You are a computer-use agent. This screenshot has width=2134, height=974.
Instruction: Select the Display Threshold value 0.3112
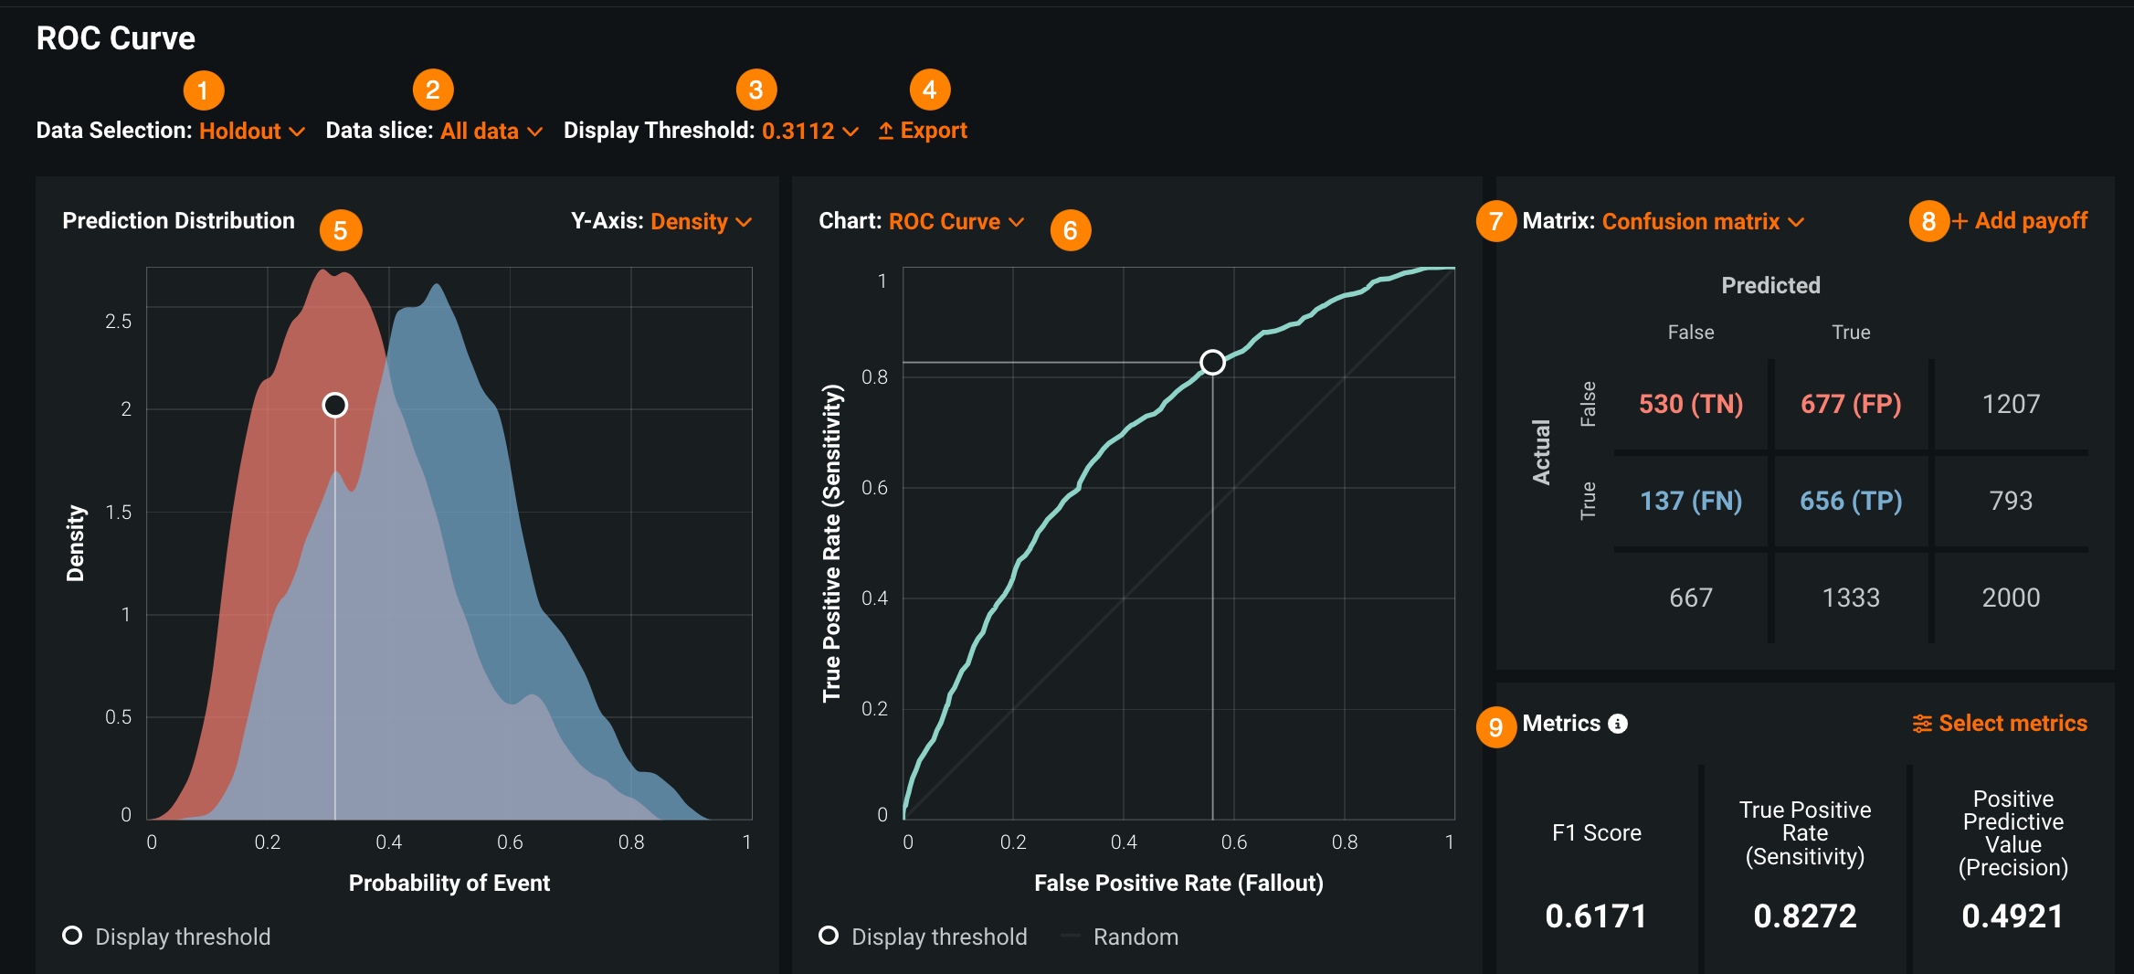pos(808,132)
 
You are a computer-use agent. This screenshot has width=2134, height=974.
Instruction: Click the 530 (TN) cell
pos(1690,404)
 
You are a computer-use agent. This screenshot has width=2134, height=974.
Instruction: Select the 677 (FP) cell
pos(1851,404)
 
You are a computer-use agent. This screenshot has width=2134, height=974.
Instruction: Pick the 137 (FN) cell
pos(1690,501)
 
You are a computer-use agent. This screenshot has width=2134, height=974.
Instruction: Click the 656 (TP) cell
pos(1851,501)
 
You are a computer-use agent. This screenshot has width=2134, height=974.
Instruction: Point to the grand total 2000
pos(2011,598)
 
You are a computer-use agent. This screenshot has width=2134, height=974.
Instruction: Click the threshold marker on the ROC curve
pos(1212,363)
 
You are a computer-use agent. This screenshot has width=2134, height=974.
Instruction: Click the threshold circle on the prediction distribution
pos(335,405)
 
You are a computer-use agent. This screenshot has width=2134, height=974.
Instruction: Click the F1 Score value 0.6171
pos(1596,916)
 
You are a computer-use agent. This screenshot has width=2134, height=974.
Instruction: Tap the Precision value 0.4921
pos(2013,916)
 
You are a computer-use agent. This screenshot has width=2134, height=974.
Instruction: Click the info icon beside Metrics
pos(1618,724)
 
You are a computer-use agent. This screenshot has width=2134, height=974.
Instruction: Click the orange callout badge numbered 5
pos(341,230)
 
